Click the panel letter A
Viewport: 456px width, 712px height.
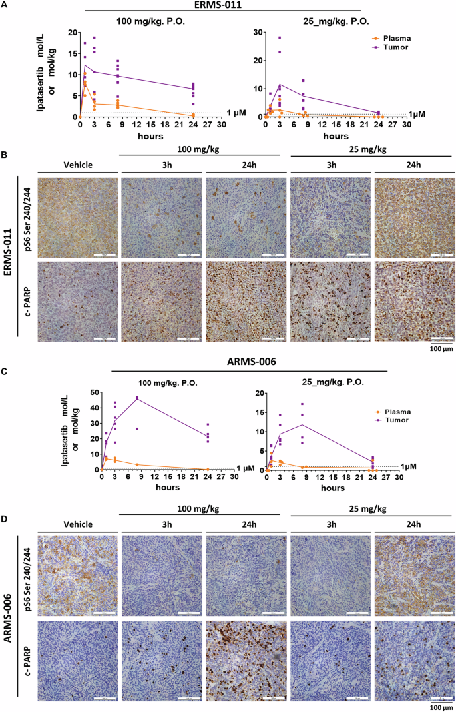(5, 5)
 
